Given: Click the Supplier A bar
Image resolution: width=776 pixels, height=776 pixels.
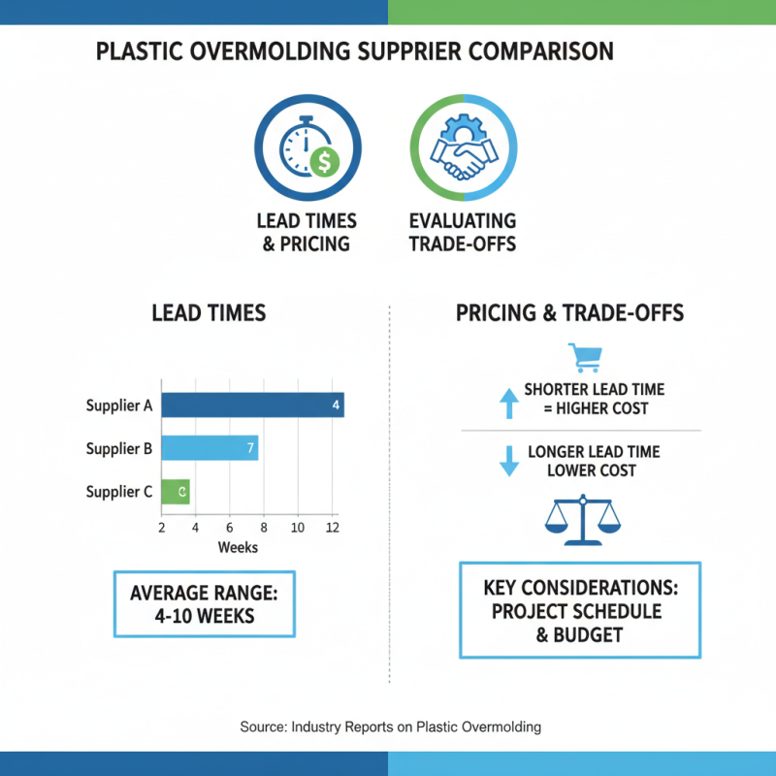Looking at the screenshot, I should (x=252, y=405).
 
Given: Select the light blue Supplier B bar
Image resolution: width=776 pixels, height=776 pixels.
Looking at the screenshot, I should (x=209, y=448).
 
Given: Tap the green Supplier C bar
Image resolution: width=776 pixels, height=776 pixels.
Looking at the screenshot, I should (x=176, y=492).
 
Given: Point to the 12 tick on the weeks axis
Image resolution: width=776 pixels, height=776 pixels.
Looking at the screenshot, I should (x=333, y=527).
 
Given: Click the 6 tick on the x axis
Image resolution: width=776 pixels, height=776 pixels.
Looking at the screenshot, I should (x=230, y=527).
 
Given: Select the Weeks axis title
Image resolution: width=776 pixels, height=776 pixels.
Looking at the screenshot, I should (x=238, y=548).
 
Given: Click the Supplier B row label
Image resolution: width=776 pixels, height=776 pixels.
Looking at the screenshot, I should (x=118, y=448).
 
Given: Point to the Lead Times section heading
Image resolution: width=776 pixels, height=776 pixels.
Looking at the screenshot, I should (x=209, y=313).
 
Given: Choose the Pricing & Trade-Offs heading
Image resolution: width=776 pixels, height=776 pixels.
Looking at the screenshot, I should (x=570, y=313).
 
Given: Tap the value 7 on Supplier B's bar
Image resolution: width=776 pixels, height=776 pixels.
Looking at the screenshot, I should (x=250, y=448).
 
